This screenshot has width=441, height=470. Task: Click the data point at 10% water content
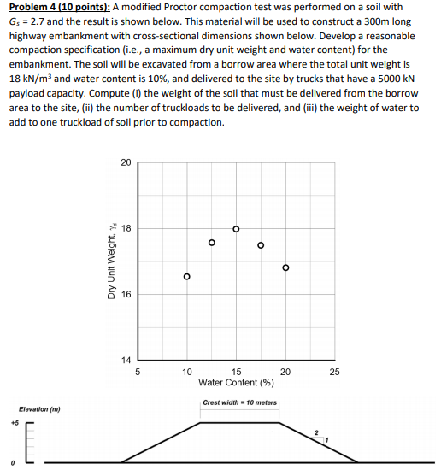pyautogui.click(x=187, y=277)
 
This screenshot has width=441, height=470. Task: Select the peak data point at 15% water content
pyautogui.click(x=237, y=229)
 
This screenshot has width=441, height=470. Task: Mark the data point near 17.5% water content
pyautogui.click(x=262, y=245)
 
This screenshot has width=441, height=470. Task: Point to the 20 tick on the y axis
pyautogui.click(x=126, y=162)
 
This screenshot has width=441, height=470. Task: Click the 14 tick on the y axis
pyautogui.click(x=126, y=361)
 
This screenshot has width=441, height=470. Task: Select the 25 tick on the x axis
pyautogui.click(x=334, y=372)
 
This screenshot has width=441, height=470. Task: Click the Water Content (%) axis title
pyautogui.click(x=236, y=382)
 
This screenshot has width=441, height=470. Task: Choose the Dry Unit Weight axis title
pyautogui.click(x=111, y=262)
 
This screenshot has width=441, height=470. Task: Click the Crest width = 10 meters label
pyautogui.click(x=240, y=402)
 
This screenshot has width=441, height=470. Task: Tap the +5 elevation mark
pyautogui.click(x=14, y=422)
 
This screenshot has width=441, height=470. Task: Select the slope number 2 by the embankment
pyautogui.click(x=315, y=432)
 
